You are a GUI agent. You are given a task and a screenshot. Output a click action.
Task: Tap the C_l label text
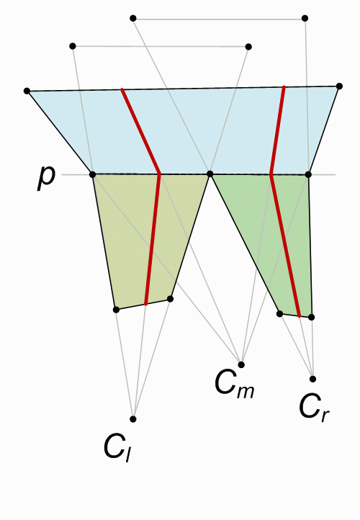118,449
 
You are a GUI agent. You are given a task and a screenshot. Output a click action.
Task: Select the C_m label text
235,384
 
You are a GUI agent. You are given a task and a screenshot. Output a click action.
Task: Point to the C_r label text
314,408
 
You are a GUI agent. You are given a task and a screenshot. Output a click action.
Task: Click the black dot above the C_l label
133,419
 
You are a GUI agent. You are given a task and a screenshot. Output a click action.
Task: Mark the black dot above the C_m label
241,365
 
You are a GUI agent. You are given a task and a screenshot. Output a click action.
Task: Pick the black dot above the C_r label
312,379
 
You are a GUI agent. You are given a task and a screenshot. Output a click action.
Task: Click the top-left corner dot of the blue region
27,91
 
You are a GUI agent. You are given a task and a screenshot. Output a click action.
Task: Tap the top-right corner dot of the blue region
339,86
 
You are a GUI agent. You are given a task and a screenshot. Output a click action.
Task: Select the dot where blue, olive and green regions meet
210,174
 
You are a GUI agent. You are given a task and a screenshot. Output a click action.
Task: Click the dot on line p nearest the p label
92,174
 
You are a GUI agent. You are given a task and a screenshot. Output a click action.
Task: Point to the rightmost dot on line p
308,174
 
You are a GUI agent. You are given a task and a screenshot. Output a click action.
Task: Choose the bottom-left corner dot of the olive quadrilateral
116,310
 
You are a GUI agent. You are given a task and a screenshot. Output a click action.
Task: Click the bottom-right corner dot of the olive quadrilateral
170,299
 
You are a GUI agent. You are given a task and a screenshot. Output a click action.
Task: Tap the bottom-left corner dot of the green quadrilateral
280,313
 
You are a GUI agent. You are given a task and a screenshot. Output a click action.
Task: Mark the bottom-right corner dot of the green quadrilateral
311,318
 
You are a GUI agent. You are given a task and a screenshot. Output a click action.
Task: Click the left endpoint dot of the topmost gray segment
133,18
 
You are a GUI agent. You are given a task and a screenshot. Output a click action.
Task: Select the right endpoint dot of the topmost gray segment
305,18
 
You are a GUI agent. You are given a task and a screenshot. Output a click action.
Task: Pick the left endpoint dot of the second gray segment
73,46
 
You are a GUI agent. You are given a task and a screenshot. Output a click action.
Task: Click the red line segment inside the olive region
153,239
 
